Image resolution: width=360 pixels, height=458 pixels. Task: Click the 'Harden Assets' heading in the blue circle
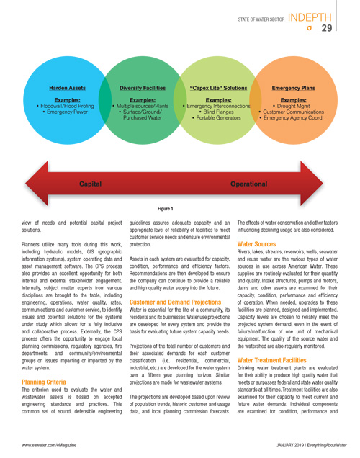[67, 88]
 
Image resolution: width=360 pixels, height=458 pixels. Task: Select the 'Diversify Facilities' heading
[143, 88]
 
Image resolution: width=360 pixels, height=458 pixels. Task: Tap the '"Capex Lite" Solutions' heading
[218, 88]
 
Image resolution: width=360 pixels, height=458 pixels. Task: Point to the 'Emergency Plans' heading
[294, 88]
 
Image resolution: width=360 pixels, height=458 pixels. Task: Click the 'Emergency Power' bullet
[65, 112]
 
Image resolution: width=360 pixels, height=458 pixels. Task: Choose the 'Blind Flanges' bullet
[217, 112]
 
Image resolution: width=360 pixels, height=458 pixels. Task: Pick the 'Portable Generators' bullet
[217, 117]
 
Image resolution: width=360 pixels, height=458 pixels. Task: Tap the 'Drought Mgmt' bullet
[292, 106]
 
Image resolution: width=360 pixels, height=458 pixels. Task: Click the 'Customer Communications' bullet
[292, 112]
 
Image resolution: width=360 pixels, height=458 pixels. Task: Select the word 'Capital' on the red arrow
[91, 184]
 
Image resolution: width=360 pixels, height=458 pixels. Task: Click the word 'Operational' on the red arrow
[248, 184]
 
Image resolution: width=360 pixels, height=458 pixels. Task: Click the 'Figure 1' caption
[166, 209]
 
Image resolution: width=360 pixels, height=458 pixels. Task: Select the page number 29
[327, 28]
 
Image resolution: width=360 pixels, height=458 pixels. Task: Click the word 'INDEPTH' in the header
[310, 17]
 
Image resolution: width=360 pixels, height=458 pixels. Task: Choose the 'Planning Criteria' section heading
[44, 382]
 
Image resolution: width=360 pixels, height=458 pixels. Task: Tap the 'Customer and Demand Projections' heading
[175, 302]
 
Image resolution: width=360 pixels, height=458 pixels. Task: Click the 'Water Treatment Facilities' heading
[272, 360]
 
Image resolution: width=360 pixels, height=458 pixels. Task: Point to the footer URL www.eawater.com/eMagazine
[49, 445]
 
